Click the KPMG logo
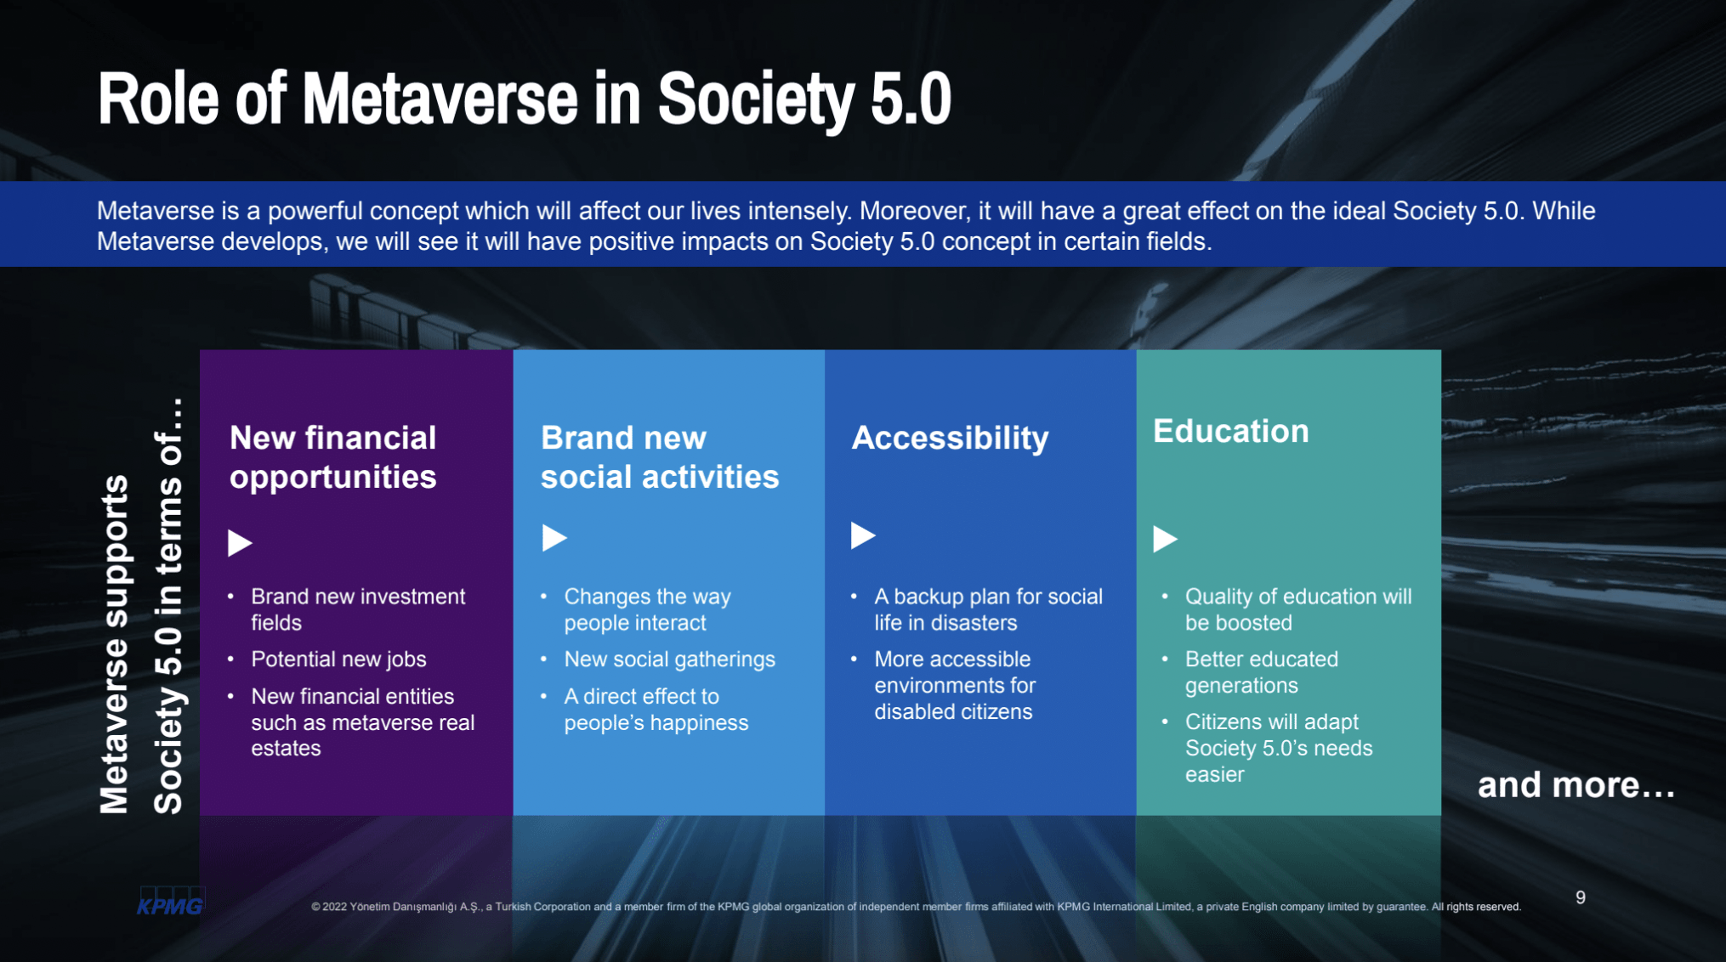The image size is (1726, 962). pos(171,902)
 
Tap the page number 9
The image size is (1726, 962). pos(1580,897)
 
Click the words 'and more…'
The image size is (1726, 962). pos(1576,785)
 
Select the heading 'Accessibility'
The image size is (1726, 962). pos(950,439)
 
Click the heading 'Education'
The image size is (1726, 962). pos(1230,431)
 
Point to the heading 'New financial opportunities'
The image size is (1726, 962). pos(332,457)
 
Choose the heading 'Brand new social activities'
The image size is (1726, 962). pos(659,457)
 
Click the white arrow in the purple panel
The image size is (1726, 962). pos(240,542)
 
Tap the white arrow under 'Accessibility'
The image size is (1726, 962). pos(863,535)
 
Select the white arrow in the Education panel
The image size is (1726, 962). pos(1165,539)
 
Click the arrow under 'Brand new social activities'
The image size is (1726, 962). pos(554,538)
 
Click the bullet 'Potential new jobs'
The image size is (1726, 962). pos(338,659)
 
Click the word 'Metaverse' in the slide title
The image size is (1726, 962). pos(440,99)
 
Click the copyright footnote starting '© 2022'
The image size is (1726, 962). pos(916,907)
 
